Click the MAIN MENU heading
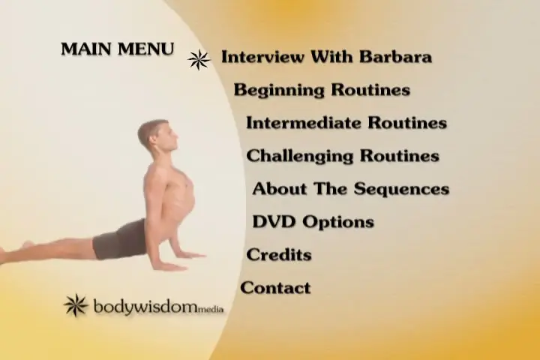tap(118, 49)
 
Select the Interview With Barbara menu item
tap(326, 57)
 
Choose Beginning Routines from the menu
tap(322, 90)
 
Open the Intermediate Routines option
tap(346, 123)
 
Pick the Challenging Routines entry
tap(343, 156)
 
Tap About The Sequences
tap(351, 189)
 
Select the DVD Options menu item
tap(313, 222)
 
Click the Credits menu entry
tap(279, 254)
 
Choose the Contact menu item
tap(275, 288)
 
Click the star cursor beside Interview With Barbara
tap(199, 59)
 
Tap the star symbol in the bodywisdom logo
tap(76, 305)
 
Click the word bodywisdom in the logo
tap(145, 306)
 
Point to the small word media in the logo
tap(211, 309)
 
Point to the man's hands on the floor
tap(179, 260)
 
